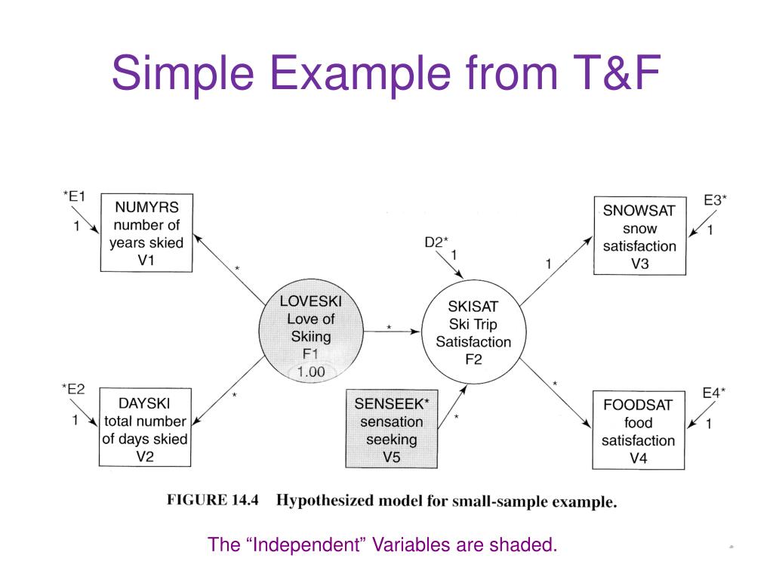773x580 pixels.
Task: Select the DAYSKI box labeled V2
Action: [x=143, y=429]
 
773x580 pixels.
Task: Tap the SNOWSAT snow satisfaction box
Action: [x=639, y=236]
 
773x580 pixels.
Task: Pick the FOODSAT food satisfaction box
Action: [x=638, y=431]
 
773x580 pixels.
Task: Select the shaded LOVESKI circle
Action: [x=310, y=337]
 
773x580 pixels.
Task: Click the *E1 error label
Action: [x=74, y=196]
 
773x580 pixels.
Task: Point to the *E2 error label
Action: [x=73, y=390]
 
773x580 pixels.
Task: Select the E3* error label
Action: [x=715, y=200]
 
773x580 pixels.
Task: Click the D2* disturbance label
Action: [x=436, y=242]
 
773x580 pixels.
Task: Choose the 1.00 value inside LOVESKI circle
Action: [x=310, y=372]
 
